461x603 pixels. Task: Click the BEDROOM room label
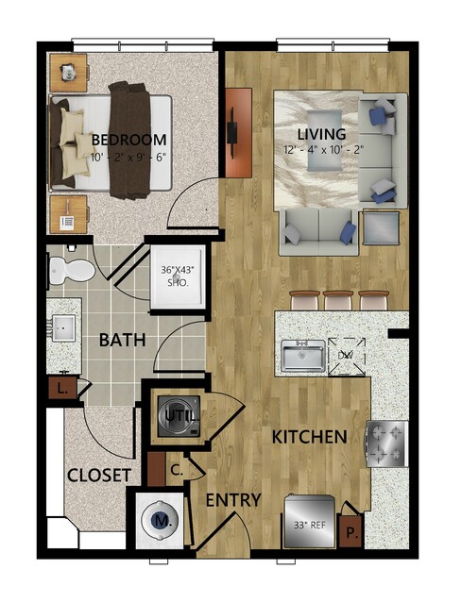click(129, 140)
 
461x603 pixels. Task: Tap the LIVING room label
click(321, 134)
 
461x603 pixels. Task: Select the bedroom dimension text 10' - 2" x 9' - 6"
click(128, 157)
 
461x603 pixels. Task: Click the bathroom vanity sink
click(63, 328)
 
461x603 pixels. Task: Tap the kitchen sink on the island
click(302, 356)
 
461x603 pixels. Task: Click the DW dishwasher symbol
click(347, 356)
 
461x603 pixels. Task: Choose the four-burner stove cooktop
click(386, 444)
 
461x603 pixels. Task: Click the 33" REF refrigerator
click(310, 522)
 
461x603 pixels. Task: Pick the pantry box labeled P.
click(350, 531)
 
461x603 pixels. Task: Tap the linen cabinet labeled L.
click(61, 389)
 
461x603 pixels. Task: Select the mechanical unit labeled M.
click(160, 520)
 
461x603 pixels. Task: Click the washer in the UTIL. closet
click(179, 416)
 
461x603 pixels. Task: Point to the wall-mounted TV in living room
click(232, 133)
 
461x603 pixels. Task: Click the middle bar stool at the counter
click(338, 300)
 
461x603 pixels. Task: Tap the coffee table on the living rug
click(324, 140)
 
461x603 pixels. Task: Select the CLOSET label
click(99, 476)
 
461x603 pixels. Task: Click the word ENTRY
click(233, 500)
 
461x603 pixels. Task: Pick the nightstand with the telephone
click(69, 214)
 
